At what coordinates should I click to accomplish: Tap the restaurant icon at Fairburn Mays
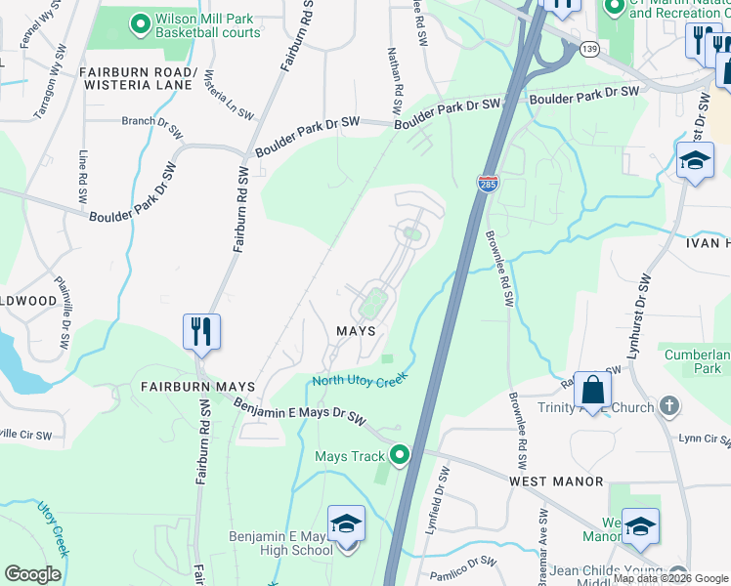coord(201,331)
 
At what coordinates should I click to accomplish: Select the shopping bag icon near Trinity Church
coord(592,390)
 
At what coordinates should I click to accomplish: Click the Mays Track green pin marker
coord(400,455)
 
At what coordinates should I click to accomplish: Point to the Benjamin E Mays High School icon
coord(345,524)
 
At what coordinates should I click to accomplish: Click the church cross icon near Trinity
coord(668,405)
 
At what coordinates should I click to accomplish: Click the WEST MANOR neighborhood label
coord(556,482)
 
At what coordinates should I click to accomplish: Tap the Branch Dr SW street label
coord(151,124)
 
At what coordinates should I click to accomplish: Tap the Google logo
coord(32,574)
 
